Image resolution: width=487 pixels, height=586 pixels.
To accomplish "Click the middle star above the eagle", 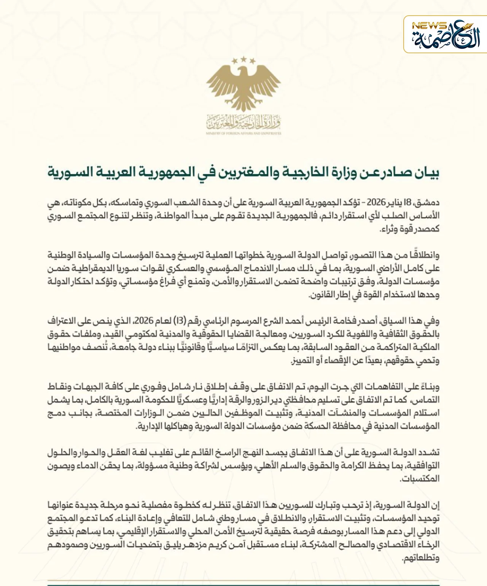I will [243, 59].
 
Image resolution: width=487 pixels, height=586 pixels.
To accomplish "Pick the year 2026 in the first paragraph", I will [376, 202].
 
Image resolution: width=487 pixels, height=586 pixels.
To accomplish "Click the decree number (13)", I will [180, 321].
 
